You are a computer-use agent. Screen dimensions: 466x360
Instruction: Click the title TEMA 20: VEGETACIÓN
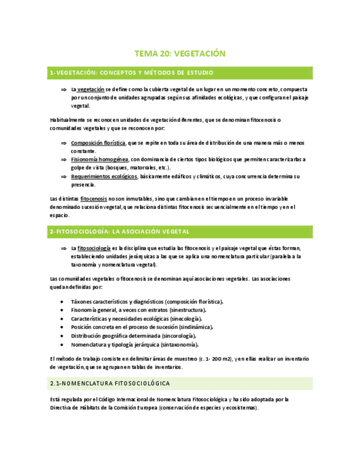[x=180, y=53]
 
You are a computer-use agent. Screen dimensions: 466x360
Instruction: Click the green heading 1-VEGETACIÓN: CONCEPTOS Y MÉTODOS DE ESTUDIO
[x=131, y=73]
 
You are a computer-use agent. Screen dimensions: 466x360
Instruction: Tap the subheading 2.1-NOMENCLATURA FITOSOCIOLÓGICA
[x=110, y=382]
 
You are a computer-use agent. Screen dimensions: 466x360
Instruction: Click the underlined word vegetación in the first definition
[x=91, y=89]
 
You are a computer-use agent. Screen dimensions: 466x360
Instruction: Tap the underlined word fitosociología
[x=95, y=248]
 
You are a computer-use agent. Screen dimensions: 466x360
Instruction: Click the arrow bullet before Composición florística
[x=64, y=143]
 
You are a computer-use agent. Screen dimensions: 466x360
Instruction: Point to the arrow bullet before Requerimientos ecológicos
[x=64, y=176]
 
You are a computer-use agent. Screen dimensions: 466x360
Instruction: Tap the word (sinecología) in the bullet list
[x=184, y=319]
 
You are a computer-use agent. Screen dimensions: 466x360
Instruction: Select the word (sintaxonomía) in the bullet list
[x=179, y=345]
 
